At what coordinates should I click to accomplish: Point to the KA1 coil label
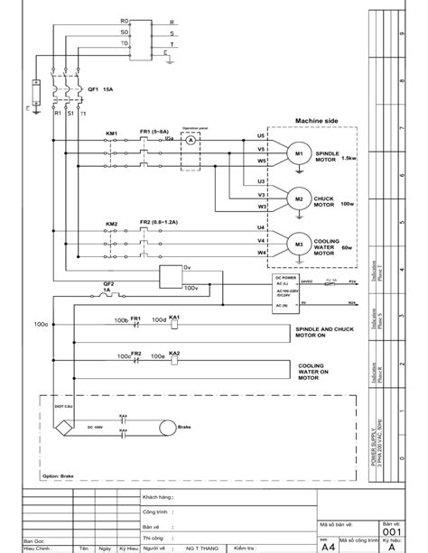(175, 318)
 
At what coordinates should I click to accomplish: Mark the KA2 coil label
(175, 353)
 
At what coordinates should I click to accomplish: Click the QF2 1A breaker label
(107, 286)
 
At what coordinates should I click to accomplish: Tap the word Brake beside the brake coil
(185, 427)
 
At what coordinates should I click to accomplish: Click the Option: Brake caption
(61, 476)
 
